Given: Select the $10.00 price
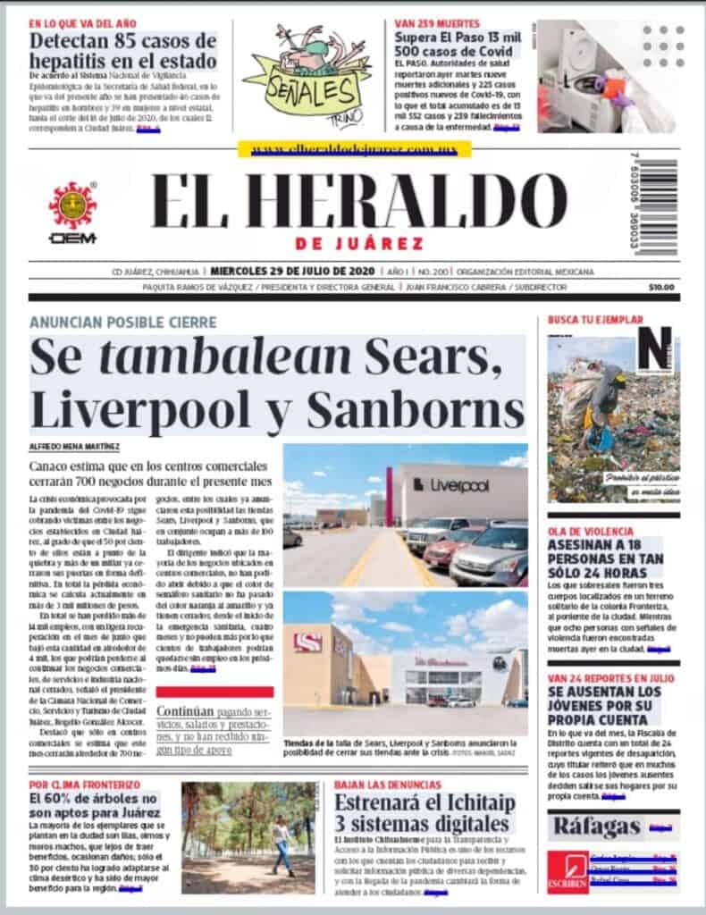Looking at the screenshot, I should click(662, 287).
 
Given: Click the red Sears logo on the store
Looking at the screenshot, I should click(309, 642).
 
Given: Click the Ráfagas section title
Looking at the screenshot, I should click(596, 827).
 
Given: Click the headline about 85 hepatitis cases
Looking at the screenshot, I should click(122, 51).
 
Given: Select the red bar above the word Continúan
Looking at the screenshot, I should click(214, 691).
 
